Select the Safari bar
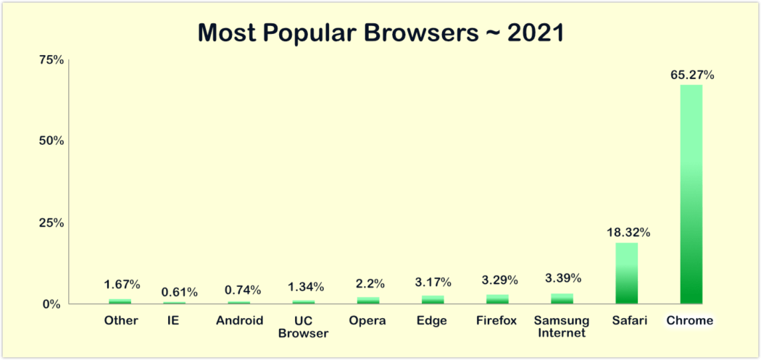(626, 273)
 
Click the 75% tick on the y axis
(51, 59)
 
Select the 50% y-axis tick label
(51, 141)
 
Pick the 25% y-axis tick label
(51, 222)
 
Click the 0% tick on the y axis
(54, 304)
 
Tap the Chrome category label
(691, 320)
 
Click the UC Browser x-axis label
(304, 326)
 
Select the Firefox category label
(497, 320)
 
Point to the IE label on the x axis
(173, 320)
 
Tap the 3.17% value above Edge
(433, 281)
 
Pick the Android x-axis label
(239, 320)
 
